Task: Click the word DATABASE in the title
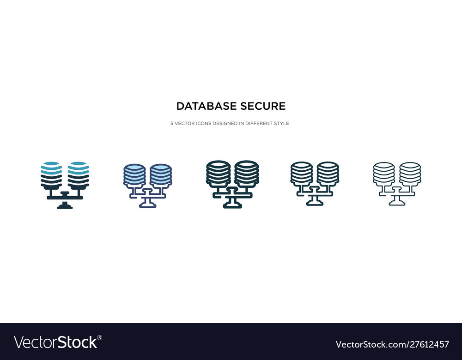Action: (x=206, y=106)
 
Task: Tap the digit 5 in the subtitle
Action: (x=172, y=123)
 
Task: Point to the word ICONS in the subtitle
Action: (x=204, y=123)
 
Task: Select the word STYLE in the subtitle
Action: (x=281, y=123)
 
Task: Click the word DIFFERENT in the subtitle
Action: (x=259, y=123)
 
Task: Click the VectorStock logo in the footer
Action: (x=55, y=342)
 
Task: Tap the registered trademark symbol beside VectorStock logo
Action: (x=100, y=337)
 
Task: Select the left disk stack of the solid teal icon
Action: (x=51, y=175)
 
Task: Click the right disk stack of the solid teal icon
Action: (x=79, y=175)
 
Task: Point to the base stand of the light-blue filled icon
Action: (x=148, y=203)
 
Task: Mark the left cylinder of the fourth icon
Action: (x=301, y=174)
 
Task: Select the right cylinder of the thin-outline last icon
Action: (x=410, y=174)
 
